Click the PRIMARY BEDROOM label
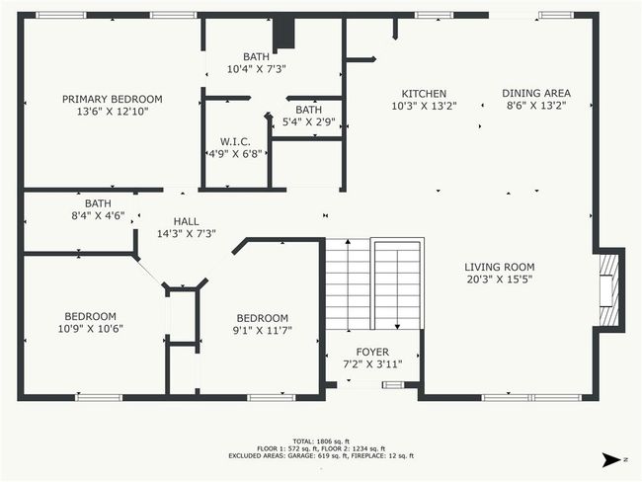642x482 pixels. pyautogui.click(x=113, y=99)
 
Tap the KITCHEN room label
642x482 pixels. pyautogui.click(x=424, y=94)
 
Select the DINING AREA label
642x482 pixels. pyautogui.click(x=536, y=94)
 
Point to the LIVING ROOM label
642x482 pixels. pyautogui.click(x=500, y=267)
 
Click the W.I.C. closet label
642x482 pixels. pyautogui.click(x=235, y=141)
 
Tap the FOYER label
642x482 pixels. pyautogui.click(x=372, y=352)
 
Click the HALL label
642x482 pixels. pyautogui.click(x=187, y=221)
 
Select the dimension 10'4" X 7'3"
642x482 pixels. pyautogui.click(x=257, y=69)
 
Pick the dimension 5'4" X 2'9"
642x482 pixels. pyautogui.click(x=309, y=122)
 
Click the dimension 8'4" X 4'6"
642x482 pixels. pyautogui.click(x=98, y=216)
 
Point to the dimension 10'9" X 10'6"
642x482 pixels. pyautogui.click(x=91, y=329)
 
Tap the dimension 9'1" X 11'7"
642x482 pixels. pyautogui.click(x=263, y=330)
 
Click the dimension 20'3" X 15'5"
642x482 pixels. pyautogui.click(x=500, y=280)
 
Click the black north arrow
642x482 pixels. pyautogui.click(x=611, y=460)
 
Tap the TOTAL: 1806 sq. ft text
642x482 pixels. pyautogui.click(x=321, y=442)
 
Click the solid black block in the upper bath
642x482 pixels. pyautogui.click(x=283, y=35)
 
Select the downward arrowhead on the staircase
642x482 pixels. pyautogui.click(x=397, y=326)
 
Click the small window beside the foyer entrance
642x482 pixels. pyautogui.click(x=393, y=384)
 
